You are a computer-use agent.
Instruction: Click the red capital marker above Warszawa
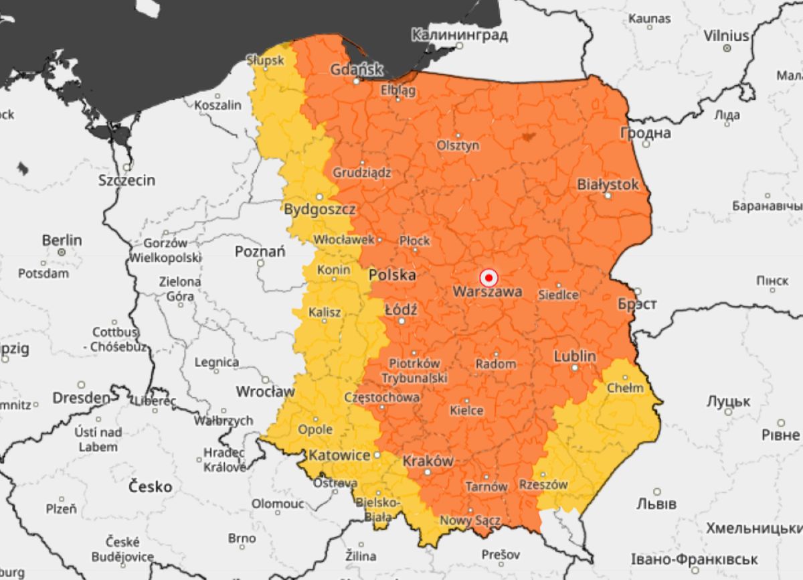pos(489,277)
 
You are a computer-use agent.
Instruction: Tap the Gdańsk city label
pos(357,69)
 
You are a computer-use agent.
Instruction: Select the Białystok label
pos(608,184)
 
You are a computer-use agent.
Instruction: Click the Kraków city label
pos(428,461)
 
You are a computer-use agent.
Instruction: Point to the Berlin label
pos(62,240)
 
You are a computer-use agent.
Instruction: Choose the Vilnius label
pos(726,35)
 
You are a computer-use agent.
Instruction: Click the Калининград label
pos(459,34)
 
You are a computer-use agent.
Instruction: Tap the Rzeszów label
pos(543,484)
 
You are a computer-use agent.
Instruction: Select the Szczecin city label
pos(126,180)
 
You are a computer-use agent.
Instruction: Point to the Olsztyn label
pos(458,145)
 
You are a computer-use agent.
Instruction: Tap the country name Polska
pos(392,275)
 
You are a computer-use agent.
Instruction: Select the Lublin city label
pos(574,356)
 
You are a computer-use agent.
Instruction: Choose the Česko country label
pos(150,486)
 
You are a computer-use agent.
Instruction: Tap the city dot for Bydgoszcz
pos(319,197)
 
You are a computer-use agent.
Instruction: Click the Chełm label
pos(624,388)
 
